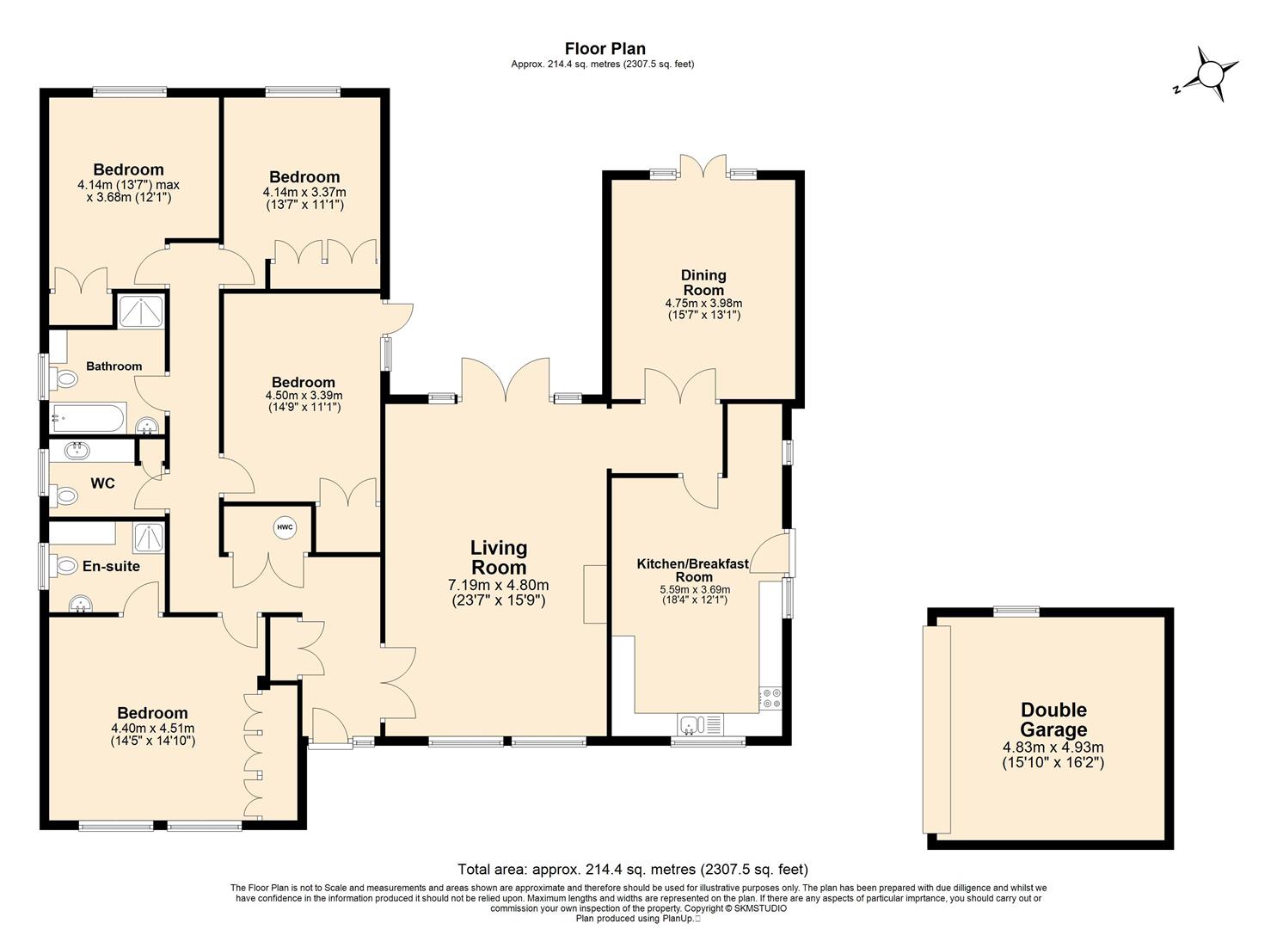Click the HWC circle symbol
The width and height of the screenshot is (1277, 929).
[x=285, y=527]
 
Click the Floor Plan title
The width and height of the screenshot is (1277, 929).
[x=605, y=48]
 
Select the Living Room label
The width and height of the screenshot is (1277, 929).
[x=498, y=557]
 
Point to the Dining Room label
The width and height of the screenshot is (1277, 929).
[x=703, y=282]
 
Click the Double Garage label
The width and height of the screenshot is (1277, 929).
[x=1053, y=719]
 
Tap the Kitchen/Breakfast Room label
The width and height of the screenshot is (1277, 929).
[x=693, y=569]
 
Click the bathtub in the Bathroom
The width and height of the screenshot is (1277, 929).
[x=89, y=418]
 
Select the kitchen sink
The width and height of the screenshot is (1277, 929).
[x=700, y=725]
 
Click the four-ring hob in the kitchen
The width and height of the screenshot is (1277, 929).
[x=770, y=698]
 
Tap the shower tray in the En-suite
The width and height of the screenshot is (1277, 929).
[x=150, y=538]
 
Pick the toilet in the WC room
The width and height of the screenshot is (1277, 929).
[x=64, y=496]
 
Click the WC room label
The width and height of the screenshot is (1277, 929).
[x=102, y=483]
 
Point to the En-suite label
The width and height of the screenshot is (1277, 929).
[x=111, y=566]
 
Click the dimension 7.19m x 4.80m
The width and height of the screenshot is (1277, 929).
[x=498, y=585]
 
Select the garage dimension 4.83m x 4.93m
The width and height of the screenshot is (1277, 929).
[x=1053, y=747]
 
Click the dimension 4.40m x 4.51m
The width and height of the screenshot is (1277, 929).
[x=153, y=729]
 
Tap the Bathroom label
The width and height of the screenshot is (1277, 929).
[x=114, y=366]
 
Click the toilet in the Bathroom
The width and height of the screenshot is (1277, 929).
[x=64, y=378]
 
